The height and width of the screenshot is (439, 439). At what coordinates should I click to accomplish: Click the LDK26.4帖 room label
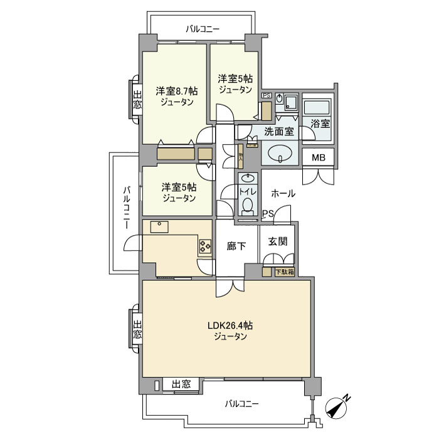(230, 325)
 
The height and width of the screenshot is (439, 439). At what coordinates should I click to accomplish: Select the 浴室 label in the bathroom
(320, 124)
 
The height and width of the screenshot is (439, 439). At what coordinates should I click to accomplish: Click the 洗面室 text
(279, 132)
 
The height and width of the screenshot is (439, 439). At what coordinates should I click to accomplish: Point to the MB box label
(319, 157)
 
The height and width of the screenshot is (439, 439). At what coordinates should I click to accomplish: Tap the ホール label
(283, 194)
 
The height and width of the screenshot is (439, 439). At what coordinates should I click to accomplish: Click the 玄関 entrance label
(278, 241)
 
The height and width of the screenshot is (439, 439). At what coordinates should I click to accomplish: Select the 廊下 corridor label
(236, 246)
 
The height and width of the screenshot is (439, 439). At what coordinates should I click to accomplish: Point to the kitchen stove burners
(205, 246)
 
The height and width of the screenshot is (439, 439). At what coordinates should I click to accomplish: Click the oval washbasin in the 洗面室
(280, 152)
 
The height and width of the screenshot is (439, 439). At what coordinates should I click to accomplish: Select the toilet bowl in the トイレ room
(248, 204)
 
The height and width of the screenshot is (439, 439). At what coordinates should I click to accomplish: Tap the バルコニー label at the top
(202, 29)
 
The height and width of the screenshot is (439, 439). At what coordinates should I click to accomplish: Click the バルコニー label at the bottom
(241, 404)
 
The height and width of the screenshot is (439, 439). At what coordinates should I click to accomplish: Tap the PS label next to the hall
(268, 213)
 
